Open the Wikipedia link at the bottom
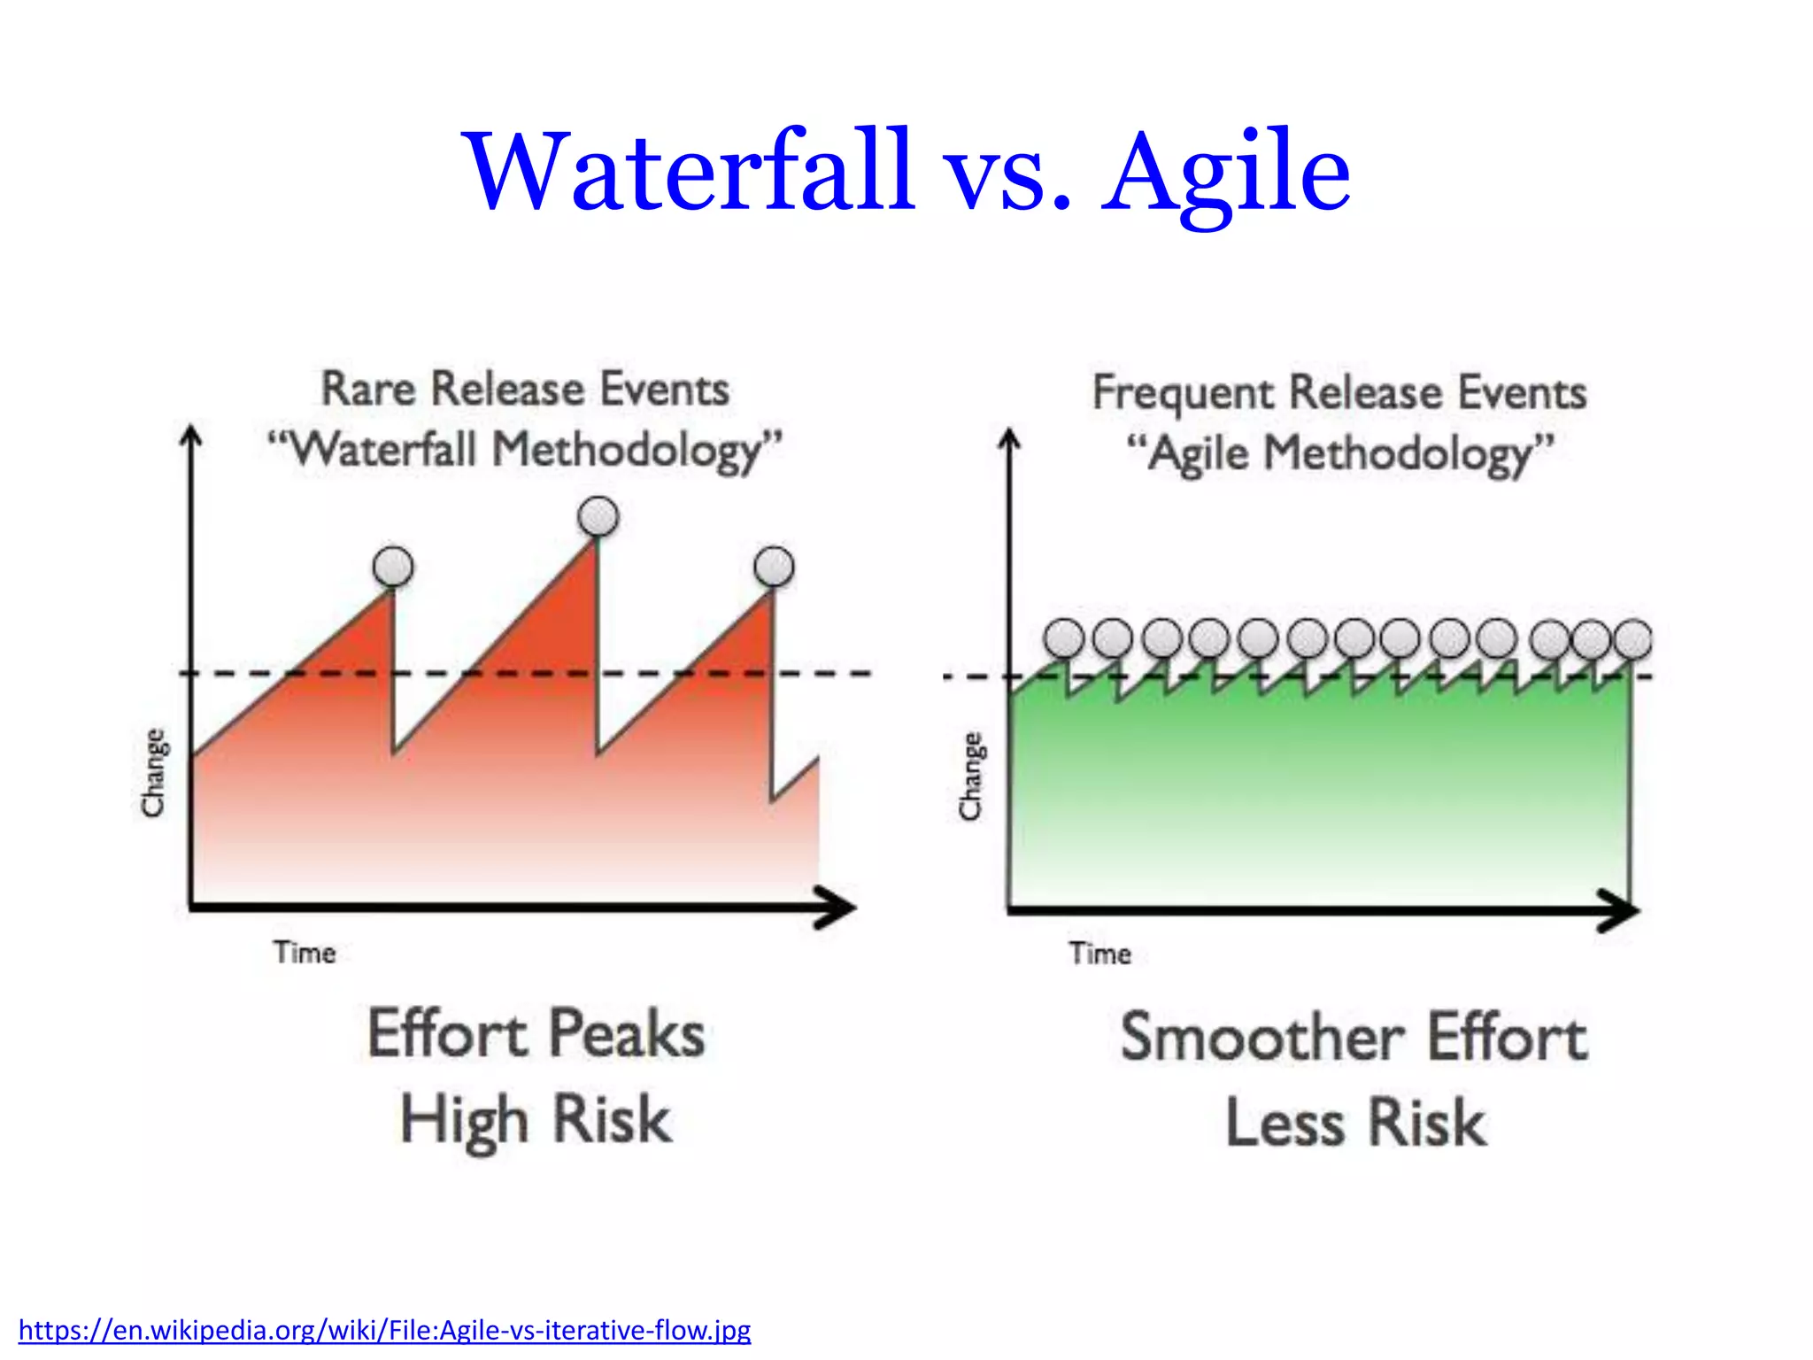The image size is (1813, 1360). (384, 1330)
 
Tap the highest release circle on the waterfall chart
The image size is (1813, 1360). (598, 516)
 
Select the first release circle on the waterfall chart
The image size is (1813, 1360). (393, 566)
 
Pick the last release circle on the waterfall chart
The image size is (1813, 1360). (774, 566)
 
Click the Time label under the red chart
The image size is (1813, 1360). (305, 953)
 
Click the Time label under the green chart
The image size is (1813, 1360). (1099, 954)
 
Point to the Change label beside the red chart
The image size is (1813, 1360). (154, 772)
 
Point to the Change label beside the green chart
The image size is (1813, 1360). (971, 776)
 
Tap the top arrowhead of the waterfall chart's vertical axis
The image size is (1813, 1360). (191, 436)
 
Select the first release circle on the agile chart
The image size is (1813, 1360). (1064, 638)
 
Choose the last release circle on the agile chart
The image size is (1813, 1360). (1632, 638)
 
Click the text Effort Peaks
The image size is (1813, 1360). (536, 1034)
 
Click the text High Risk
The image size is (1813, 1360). (536, 1119)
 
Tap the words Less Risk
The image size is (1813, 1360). (1355, 1123)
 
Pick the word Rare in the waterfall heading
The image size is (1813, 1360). (368, 390)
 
